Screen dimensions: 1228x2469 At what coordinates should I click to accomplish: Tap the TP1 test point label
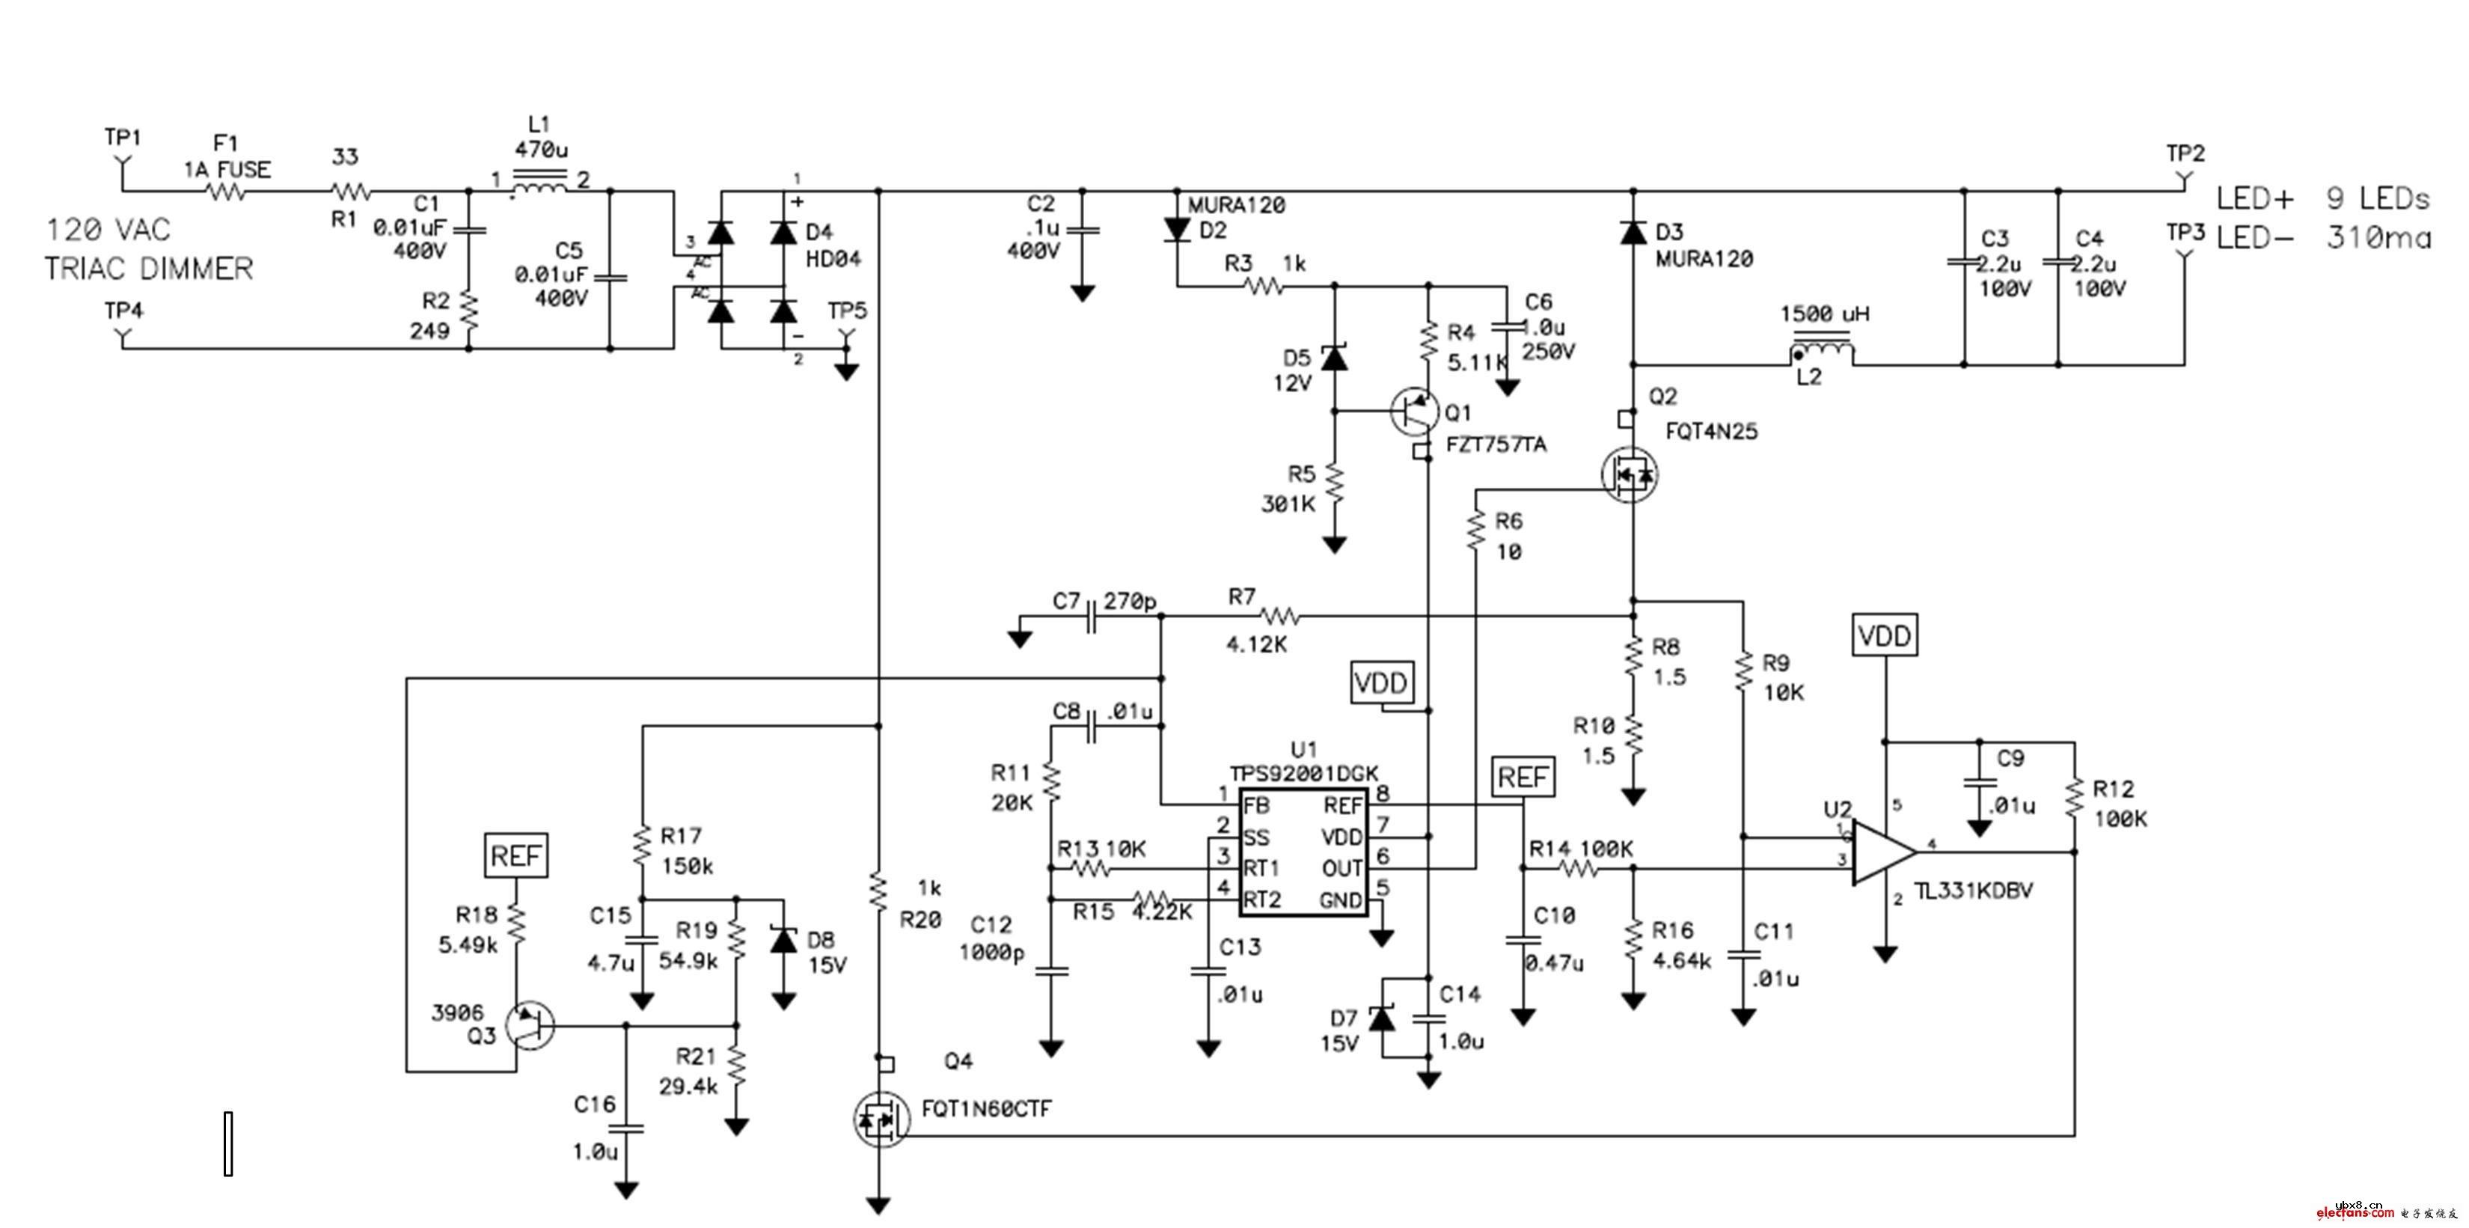[x=123, y=138]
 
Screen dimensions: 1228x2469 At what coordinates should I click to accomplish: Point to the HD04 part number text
[x=833, y=259]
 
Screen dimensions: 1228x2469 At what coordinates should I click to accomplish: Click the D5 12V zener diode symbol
[x=1333, y=358]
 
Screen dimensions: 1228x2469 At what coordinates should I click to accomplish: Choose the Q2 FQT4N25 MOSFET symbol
[x=1630, y=474]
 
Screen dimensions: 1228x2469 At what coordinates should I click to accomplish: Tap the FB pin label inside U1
[x=1256, y=805]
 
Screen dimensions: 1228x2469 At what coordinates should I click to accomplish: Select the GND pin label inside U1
[x=1340, y=901]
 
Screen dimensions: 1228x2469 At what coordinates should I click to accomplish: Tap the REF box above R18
[x=516, y=855]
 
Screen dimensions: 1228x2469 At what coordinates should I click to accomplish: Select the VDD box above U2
[x=1885, y=635]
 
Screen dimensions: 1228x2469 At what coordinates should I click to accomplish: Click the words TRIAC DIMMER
[x=149, y=269]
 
